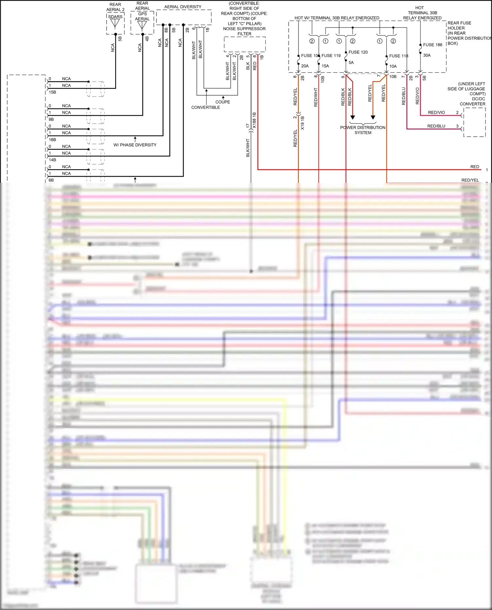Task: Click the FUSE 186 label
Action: point(432,45)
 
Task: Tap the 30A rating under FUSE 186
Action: point(427,55)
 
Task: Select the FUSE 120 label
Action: point(358,52)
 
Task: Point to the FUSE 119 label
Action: point(331,56)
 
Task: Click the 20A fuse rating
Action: point(305,66)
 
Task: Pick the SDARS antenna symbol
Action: point(115,23)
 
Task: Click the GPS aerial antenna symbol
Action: point(142,25)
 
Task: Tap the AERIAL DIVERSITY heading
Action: point(183,7)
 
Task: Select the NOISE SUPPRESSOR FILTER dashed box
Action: point(245,44)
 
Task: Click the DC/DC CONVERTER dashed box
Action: point(474,122)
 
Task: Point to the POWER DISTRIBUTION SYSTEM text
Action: point(363,130)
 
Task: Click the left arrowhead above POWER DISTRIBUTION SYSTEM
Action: point(353,117)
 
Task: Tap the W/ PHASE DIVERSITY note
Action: point(135,145)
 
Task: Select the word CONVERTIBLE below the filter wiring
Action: point(206,108)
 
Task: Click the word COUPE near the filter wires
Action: point(223,102)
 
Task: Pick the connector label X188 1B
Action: point(254,120)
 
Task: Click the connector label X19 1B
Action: point(302,123)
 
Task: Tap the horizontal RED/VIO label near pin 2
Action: point(436,112)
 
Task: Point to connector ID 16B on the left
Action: point(52,140)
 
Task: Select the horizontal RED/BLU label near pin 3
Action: point(436,126)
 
